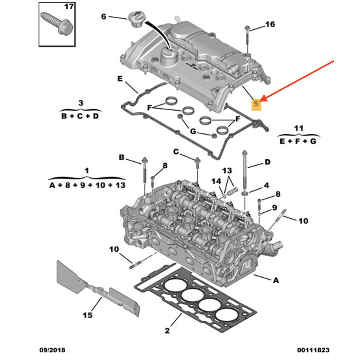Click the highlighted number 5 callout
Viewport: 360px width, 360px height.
[257, 104]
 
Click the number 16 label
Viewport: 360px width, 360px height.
[270, 24]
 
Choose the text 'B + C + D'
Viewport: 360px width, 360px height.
[80, 116]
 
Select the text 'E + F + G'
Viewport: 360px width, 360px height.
[298, 141]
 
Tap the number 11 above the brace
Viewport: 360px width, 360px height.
[298, 128]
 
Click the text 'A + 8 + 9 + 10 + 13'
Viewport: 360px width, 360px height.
[87, 185]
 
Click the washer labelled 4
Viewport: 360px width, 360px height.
[246, 192]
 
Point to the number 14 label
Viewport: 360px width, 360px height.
[216, 181]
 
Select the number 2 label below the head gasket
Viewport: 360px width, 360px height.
[167, 330]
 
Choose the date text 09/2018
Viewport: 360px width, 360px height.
[52, 350]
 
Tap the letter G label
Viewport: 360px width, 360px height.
[193, 131]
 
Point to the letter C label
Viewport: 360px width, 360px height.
[176, 151]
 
